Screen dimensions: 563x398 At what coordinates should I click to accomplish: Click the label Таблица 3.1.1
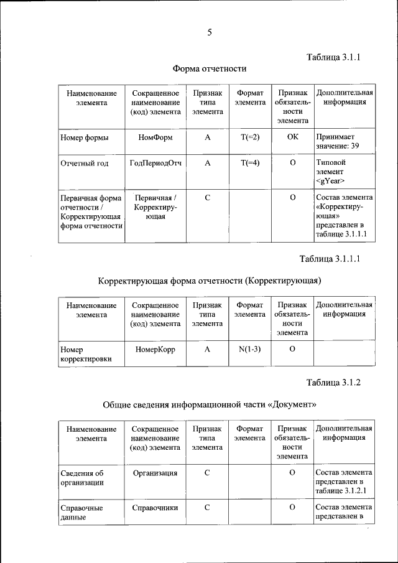tap(334, 57)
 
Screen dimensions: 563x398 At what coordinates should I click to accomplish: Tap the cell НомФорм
tap(155, 137)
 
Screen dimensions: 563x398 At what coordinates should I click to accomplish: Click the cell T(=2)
tap(249, 137)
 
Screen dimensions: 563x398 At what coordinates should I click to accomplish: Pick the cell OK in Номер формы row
tap(292, 137)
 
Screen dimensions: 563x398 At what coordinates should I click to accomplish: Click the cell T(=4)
tap(249, 164)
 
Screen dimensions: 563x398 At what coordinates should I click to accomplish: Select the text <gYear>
tap(330, 181)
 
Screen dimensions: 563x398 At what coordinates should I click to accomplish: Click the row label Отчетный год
tap(85, 164)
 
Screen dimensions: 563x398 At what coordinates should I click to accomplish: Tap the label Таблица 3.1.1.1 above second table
tap(330, 258)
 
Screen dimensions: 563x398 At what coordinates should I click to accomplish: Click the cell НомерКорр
tap(155, 349)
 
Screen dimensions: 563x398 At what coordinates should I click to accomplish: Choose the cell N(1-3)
tap(249, 349)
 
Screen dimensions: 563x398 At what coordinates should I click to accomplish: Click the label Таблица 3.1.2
tap(334, 382)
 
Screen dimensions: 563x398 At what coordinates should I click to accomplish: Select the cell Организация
tap(155, 473)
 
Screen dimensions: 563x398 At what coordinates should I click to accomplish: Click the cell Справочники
tap(155, 508)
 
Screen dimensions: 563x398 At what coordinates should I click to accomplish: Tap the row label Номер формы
tap(85, 137)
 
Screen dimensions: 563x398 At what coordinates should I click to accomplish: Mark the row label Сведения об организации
tap(82, 478)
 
